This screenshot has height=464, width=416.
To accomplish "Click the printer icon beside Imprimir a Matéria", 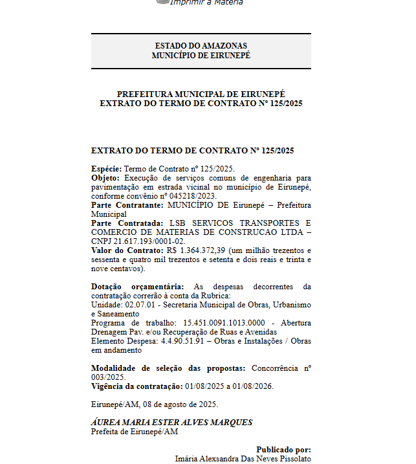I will [x=162, y=2].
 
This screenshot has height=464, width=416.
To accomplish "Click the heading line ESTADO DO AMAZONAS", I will [x=201, y=46].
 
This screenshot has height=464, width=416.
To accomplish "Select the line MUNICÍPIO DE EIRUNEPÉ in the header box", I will [x=201, y=56].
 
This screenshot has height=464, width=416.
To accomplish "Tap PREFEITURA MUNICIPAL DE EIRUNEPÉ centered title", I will [x=201, y=94].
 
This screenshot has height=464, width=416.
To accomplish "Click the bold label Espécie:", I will [x=105, y=168].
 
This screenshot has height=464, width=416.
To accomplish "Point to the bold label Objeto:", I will [x=105, y=177].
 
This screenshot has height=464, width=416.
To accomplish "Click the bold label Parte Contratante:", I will [x=127, y=204].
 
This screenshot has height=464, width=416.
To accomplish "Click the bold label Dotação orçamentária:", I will [x=137, y=286].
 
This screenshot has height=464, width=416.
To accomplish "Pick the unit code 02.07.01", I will [x=136, y=304].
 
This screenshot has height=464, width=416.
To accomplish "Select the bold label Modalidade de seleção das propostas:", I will [x=168, y=368].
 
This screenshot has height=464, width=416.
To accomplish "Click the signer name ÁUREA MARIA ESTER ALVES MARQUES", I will [x=171, y=422].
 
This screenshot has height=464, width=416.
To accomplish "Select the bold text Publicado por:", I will [x=283, y=449].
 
